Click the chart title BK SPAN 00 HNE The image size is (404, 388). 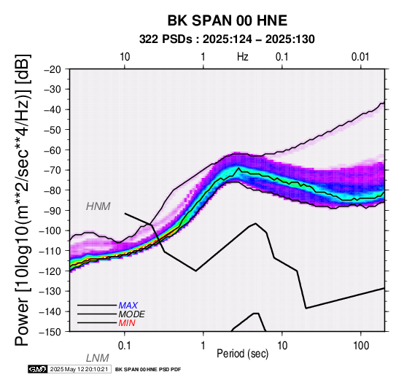click(228, 20)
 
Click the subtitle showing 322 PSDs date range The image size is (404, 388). click(227, 39)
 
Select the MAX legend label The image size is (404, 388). click(128, 306)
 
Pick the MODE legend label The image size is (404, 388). click(132, 314)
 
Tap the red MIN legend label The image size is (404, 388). click(127, 323)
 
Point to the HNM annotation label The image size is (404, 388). click(98, 206)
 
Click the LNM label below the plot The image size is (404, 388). click(98, 358)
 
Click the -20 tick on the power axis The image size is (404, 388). click(53, 69)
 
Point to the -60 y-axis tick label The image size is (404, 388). click(53, 150)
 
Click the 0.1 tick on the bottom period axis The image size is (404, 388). click(124, 346)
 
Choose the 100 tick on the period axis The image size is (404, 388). click(361, 346)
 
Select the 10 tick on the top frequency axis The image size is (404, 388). click(125, 57)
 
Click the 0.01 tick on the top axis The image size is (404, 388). click(360, 57)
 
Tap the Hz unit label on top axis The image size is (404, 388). click(242, 57)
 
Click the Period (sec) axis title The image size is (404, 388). click(242, 354)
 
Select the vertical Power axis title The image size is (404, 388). click(23, 200)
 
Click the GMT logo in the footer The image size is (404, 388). click(38, 369)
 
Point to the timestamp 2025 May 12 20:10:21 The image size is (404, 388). click(79, 369)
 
